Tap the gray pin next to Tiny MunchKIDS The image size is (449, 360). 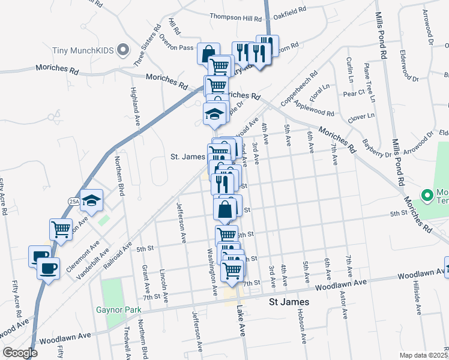pyautogui.click(x=124, y=50)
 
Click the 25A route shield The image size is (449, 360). pyautogui.click(x=74, y=201)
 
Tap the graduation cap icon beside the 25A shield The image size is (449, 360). pyautogui.click(x=92, y=200)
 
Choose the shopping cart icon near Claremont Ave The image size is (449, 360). pyautogui.click(x=61, y=229)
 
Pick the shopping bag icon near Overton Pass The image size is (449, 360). pyautogui.click(x=208, y=54)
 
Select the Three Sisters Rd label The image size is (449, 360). pyautogui.click(x=147, y=45)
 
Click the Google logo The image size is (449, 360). pyautogui.click(x=20, y=353)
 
